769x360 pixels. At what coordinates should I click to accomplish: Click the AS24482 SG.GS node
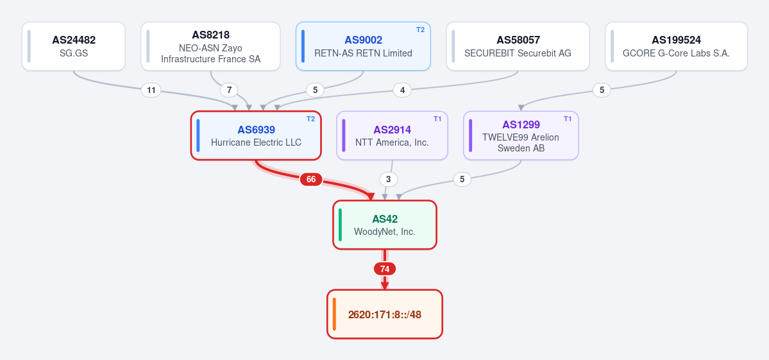coord(74,46)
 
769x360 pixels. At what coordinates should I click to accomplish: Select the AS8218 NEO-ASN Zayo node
coord(210,46)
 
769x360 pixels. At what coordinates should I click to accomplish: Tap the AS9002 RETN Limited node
coord(363,46)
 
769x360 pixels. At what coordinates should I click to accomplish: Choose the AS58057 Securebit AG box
coord(518,46)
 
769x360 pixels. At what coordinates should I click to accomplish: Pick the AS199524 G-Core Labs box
coord(676,46)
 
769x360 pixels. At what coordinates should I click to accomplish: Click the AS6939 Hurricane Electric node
coord(256,135)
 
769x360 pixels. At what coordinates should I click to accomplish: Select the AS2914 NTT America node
coord(392,135)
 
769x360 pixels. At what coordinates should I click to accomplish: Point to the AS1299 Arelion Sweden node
coord(521,135)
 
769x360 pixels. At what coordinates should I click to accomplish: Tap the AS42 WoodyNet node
coord(385,225)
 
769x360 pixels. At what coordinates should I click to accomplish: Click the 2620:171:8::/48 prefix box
coord(385,314)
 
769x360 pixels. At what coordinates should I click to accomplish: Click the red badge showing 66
coord(311,180)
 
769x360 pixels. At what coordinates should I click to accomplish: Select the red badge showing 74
coord(385,269)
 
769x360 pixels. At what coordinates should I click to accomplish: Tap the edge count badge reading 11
coord(151,90)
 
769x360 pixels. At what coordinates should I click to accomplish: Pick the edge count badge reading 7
coord(229,90)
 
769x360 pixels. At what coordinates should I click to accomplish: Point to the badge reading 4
coord(402,90)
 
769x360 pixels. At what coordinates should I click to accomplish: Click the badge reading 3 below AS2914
coord(389,180)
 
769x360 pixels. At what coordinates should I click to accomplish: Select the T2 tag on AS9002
coord(420,30)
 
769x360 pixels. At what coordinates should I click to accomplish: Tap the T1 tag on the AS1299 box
coord(568,119)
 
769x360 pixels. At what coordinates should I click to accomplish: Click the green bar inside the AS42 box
coord(341,225)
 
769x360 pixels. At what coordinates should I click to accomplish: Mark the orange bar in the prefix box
coord(335,314)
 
